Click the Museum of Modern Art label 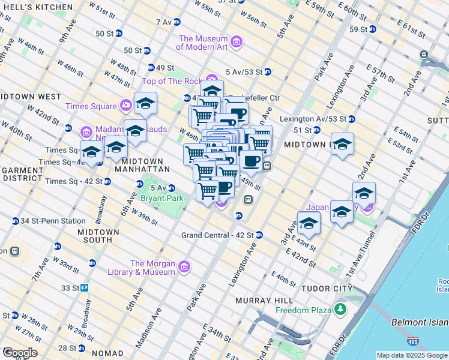tap(203, 43)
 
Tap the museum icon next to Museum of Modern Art tap(237, 42)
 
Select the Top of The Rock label tap(172, 81)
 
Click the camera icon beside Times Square tap(126, 106)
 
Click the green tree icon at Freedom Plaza tap(341, 310)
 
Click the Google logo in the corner tap(20, 353)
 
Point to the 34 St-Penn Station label tap(52, 221)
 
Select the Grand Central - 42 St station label tap(217, 235)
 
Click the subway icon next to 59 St tap(373, 29)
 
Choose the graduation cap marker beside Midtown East tap(342, 145)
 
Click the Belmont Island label tap(420, 322)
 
